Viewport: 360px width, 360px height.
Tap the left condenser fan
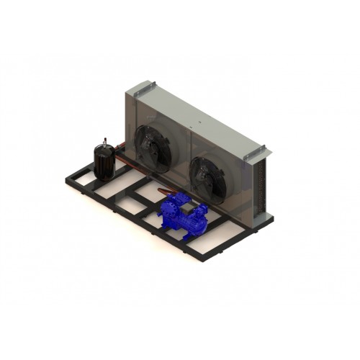[x=153, y=148]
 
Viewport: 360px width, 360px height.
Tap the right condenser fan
[x=207, y=176]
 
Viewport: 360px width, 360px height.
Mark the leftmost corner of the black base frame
[x=66, y=179]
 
